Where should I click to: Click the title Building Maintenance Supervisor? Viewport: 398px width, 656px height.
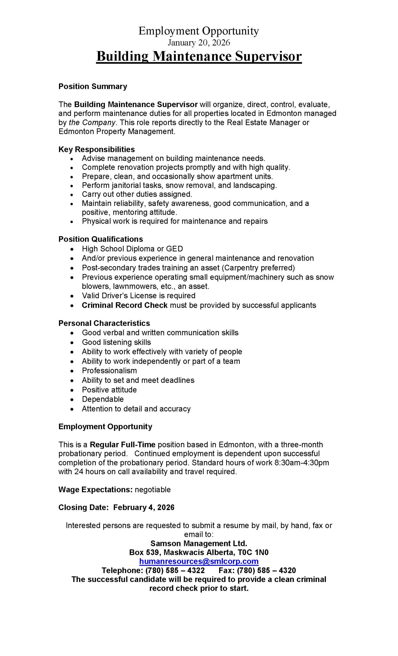199,56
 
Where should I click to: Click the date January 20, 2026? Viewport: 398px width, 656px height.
199,43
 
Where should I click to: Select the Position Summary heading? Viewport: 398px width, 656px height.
92,87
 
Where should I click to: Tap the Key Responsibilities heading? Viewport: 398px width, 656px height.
97,149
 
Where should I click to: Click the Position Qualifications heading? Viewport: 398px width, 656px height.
101,239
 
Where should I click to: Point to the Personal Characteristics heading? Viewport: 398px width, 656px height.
104,323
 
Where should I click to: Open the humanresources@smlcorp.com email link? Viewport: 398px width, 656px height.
199,561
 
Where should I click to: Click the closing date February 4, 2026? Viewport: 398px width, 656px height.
144,507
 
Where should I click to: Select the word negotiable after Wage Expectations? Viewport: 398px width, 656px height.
153,490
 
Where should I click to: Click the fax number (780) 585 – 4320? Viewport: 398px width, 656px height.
266,570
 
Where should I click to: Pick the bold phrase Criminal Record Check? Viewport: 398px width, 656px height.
124,305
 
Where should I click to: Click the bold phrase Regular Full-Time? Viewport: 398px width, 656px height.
122,445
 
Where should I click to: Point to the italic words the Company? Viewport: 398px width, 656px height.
92,122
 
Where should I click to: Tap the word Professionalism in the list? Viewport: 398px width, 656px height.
109,371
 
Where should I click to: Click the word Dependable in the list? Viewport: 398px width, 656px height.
103,399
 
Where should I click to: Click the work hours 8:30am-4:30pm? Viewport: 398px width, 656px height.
301,463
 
